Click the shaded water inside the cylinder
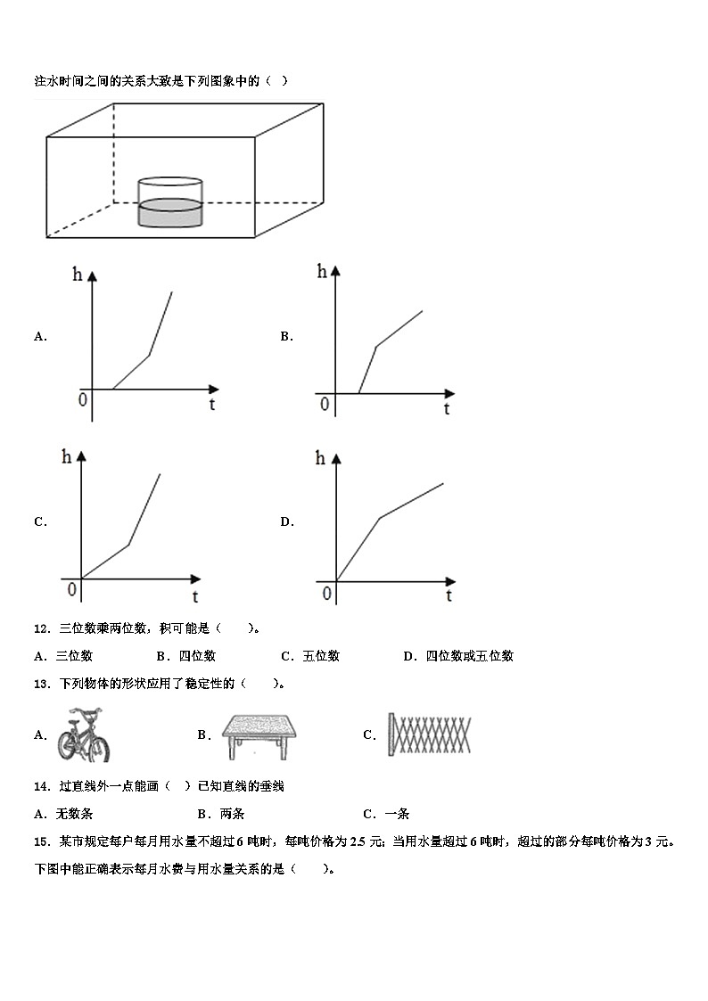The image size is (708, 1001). (170, 214)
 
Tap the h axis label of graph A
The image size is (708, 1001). (78, 275)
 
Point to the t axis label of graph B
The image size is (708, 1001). (446, 409)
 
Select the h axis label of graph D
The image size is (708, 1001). (321, 459)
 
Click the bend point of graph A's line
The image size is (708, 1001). (149, 355)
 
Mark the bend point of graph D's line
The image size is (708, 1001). (380, 517)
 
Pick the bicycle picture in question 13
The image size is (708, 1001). (82, 734)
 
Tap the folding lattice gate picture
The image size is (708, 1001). (429, 735)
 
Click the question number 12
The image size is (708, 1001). (41, 628)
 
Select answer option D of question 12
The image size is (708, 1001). (458, 656)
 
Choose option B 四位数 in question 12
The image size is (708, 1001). (186, 656)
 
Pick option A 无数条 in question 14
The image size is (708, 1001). (64, 813)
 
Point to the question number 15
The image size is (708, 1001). (41, 841)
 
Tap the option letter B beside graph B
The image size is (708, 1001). (286, 336)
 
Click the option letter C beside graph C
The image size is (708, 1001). (40, 521)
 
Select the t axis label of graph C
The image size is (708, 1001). (194, 596)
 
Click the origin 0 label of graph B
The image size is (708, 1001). (325, 405)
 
